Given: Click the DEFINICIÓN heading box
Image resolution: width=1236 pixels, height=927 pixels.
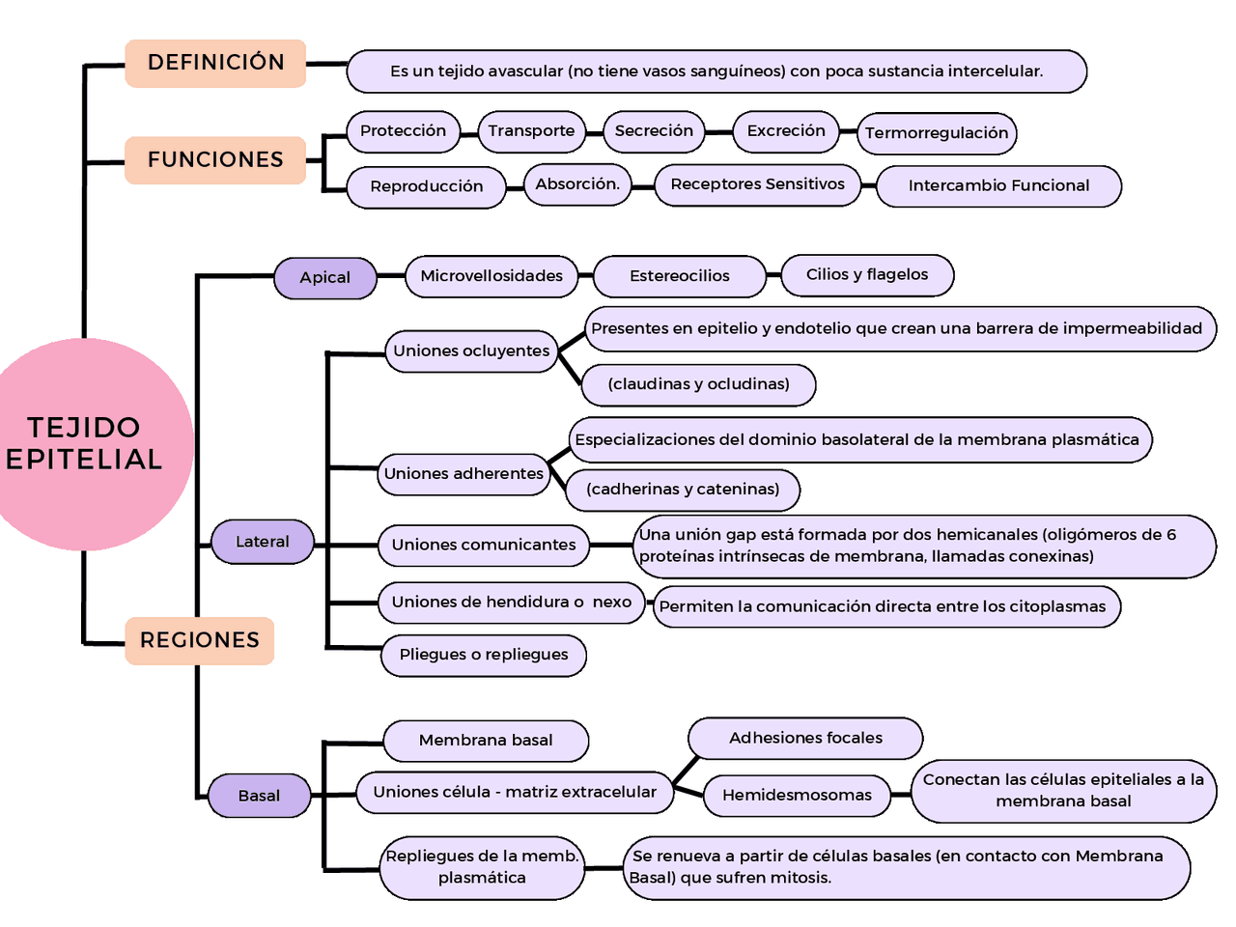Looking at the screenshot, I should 215,63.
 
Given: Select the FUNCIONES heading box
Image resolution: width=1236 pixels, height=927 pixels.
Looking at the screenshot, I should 215,159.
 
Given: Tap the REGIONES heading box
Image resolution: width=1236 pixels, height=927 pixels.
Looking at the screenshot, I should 200,640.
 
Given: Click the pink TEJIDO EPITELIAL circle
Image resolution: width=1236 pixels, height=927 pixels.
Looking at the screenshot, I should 87,444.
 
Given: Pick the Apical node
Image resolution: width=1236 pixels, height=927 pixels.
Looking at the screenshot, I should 325,278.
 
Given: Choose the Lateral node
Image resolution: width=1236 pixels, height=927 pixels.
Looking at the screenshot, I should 263,542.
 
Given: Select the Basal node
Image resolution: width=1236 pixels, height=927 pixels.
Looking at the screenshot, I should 259,796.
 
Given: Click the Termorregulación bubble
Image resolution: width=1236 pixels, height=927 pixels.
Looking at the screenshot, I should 936,133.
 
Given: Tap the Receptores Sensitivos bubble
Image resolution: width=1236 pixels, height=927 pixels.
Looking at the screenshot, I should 757,184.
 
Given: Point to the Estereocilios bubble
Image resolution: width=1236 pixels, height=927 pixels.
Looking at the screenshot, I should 679,276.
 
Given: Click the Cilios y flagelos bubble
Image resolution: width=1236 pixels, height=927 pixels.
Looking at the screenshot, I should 866,275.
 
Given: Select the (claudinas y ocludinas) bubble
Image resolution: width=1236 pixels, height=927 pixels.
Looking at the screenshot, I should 698,384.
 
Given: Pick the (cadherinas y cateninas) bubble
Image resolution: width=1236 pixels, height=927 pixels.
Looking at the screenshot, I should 682,490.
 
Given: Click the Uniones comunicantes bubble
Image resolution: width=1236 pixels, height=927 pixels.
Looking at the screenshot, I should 483,545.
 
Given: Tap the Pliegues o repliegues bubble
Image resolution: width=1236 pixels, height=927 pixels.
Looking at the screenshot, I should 484,655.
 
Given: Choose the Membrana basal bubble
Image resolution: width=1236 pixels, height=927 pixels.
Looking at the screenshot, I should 486,741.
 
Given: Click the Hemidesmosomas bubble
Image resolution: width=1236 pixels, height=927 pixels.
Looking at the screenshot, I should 797,796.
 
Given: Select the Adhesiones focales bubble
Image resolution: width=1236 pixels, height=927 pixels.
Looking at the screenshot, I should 805,739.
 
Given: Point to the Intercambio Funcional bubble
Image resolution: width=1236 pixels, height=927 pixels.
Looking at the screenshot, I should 998,186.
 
